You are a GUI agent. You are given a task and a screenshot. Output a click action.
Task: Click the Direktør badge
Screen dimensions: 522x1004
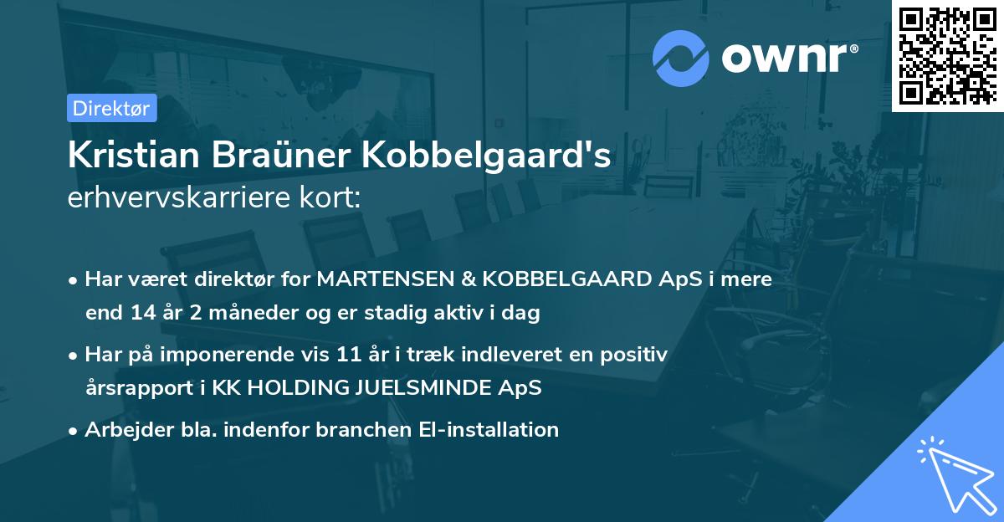111,108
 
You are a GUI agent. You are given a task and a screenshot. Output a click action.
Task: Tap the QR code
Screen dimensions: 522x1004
946,55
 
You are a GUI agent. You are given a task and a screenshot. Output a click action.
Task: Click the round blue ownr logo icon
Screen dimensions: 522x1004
681,59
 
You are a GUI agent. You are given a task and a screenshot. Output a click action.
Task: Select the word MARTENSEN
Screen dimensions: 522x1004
364,279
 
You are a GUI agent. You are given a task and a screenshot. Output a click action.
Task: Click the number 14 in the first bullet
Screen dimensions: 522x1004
144,314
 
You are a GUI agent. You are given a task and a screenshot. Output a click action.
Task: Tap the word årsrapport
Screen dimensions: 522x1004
132,388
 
